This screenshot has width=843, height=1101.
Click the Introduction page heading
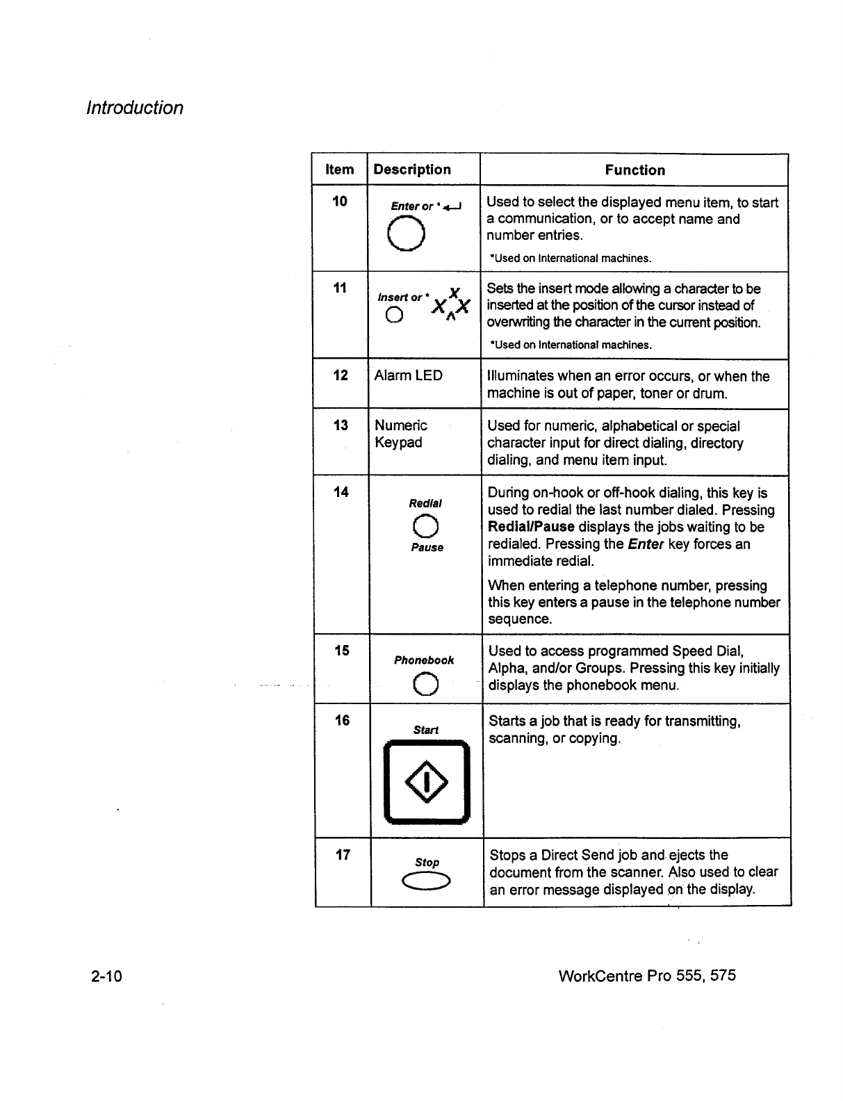click(x=134, y=108)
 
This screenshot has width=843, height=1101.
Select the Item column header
click(x=339, y=170)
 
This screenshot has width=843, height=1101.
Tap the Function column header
click(x=635, y=170)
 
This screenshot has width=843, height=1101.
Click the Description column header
click(x=412, y=170)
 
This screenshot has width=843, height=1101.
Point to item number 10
click(x=339, y=202)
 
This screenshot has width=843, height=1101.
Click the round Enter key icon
click(x=407, y=233)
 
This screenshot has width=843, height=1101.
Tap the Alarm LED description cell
click(x=408, y=375)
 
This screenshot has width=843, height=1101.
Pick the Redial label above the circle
click(x=426, y=503)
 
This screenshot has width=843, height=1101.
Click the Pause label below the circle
click(x=427, y=548)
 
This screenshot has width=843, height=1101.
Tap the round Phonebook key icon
click(x=425, y=685)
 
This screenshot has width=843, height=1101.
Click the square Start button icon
click(x=427, y=783)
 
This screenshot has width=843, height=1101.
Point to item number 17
click(x=343, y=855)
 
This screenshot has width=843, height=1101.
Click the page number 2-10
click(x=106, y=976)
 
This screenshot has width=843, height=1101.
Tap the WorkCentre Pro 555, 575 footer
click(x=646, y=975)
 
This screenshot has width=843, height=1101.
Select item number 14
click(x=341, y=492)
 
